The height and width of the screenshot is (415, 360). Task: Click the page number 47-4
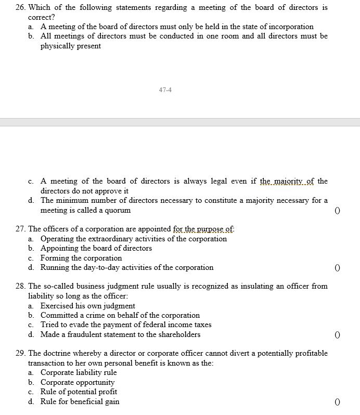coord(165,89)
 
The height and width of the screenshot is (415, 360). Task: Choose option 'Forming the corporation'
coord(81,258)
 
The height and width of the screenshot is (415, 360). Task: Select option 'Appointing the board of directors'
coord(96,248)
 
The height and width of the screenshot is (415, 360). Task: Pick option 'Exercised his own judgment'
coord(88,306)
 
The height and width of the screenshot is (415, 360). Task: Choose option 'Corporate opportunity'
coord(78,382)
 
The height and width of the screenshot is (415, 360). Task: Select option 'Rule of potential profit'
coord(79,392)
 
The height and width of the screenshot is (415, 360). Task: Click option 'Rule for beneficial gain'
coord(80,401)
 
